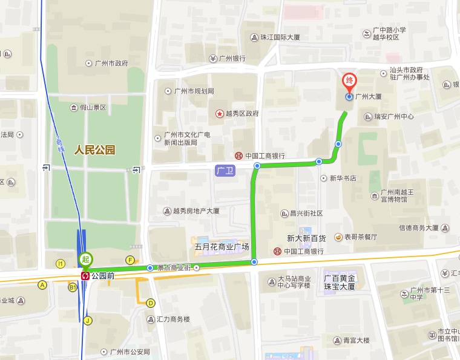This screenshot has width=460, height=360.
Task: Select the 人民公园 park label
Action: pos(94,150)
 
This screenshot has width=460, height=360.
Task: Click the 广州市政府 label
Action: pos(111,63)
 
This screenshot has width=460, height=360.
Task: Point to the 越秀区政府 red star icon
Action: pos(219,113)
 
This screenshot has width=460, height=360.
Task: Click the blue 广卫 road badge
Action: pos(225,171)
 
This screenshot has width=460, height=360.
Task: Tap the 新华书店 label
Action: pos(342,178)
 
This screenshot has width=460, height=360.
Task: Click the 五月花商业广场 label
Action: pos(222,247)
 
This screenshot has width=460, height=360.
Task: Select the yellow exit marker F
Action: pos(130,260)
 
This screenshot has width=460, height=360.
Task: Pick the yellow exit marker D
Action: pos(151,303)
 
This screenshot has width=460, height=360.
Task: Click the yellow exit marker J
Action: pos(88,321)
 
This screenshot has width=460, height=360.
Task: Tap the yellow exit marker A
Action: pos(42,285)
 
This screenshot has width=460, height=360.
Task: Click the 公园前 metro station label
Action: pos(102,275)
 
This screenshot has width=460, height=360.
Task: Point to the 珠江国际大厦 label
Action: pos(280,37)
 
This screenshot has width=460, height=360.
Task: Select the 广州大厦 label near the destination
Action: pos(368,96)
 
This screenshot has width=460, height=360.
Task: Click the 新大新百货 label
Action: pos(306,238)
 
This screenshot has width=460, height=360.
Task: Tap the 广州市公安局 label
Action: pos(130,352)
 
